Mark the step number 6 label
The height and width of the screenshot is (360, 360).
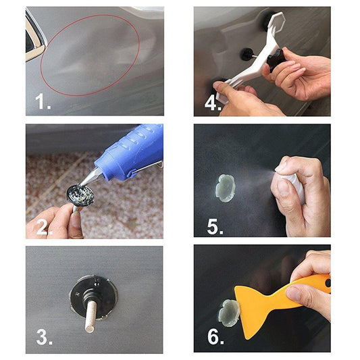tap(215, 337)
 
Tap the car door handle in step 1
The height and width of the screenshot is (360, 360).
tap(32, 37)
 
